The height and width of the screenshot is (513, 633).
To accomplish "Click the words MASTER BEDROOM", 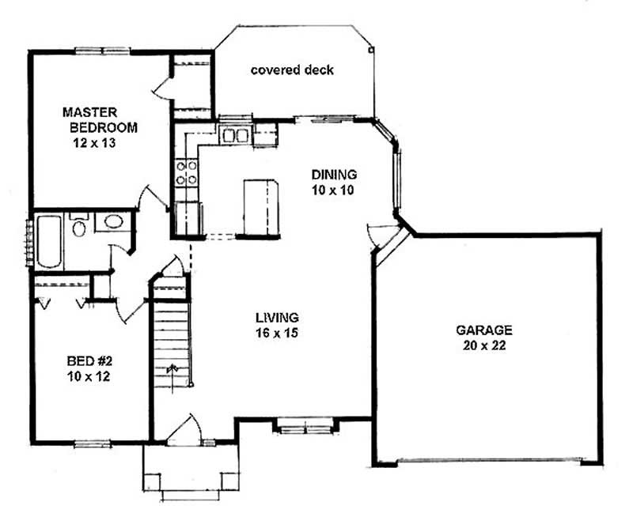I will [x=101, y=119].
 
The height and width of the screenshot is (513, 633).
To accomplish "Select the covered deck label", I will [x=292, y=70].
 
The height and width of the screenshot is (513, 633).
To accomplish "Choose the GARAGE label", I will [x=483, y=330].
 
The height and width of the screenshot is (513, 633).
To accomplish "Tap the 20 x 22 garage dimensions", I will [x=483, y=345].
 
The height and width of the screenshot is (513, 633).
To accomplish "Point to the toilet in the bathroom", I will [x=78, y=228].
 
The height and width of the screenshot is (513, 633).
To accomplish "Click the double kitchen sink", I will [x=234, y=136].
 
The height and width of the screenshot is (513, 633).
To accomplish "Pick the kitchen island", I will [x=260, y=207].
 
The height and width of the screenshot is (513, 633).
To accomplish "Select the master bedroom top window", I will [x=103, y=51].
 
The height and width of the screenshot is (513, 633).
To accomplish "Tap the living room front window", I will [x=303, y=428].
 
